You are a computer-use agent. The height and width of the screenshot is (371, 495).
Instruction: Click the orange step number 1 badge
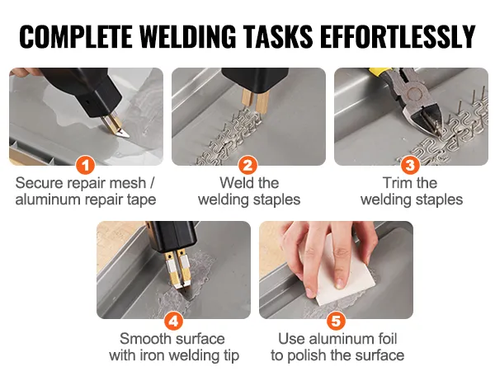point(86,165)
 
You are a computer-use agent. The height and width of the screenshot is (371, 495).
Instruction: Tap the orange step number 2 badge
point(248,165)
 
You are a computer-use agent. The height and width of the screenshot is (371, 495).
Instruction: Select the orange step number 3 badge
point(410,165)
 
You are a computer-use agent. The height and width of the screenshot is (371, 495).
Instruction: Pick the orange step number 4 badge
point(173,322)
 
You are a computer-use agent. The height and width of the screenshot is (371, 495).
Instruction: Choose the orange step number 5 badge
point(337,322)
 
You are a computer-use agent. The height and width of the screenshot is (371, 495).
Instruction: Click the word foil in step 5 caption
point(386,339)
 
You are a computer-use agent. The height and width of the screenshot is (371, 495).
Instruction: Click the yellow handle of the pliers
point(381,73)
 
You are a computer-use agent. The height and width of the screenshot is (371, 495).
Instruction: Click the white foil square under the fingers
point(344,282)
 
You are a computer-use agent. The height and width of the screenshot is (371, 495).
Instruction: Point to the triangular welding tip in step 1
point(121,133)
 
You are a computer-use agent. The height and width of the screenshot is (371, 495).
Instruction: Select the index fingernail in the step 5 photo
point(340,284)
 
